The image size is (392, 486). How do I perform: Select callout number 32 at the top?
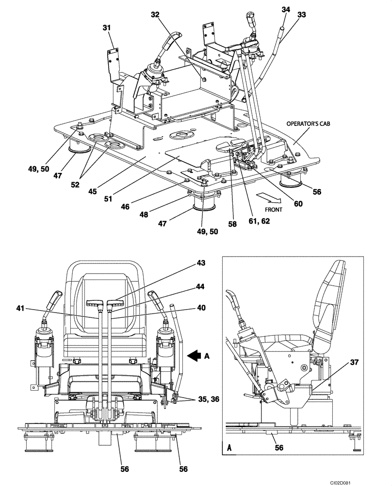pyautogui.click(x=155, y=15)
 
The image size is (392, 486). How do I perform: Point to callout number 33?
pyautogui.click(x=302, y=15)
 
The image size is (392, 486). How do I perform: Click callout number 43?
pyautogui.click(x=214, y=263)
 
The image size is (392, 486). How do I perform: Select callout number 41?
pyautogui.click(x=20, y=308)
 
